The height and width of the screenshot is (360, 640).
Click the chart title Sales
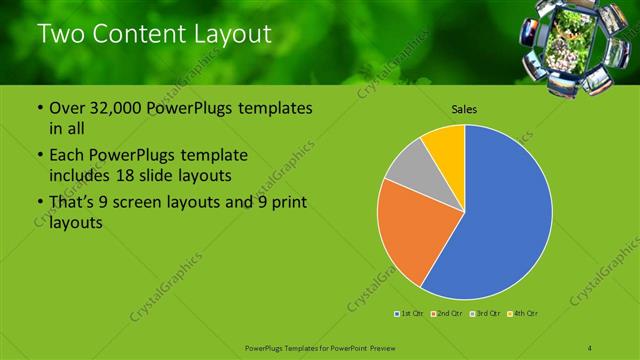(463, 109)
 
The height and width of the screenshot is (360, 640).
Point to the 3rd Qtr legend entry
(484, 314)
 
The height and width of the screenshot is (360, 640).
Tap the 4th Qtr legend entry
(522, 314)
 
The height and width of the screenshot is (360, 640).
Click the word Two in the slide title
(58, 34)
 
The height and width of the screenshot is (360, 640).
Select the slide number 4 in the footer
(591, 347)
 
